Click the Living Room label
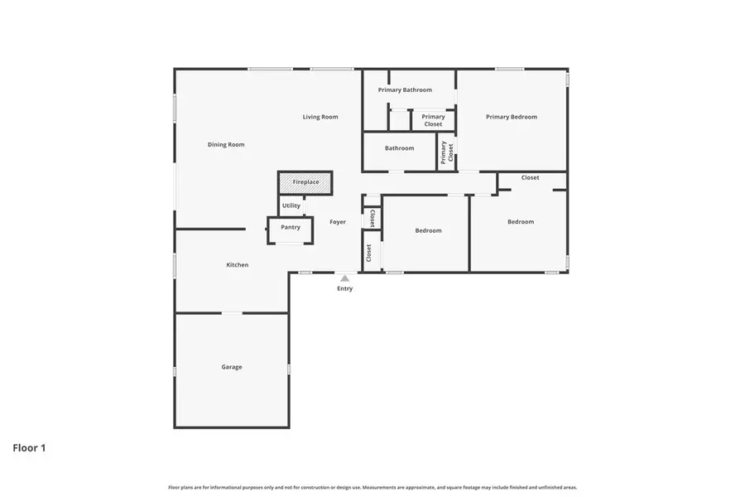[320, 117]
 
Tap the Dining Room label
[226, 145]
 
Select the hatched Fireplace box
[305, 182]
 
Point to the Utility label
[291, 205]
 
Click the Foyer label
[338, 222]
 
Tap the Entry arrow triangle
[344, 278]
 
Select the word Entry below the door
[344, 289]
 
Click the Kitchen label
[238, 265]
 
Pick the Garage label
[232, 367]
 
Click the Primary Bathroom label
[405, 89]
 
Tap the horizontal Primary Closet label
[433, 121]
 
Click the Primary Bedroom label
[512, 117]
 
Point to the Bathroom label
[399, 148]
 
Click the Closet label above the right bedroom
[530, 178]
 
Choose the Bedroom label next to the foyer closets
[428, 230]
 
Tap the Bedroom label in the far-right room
[521, 221]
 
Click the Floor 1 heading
[29, 448]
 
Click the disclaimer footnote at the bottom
[372, 488]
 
